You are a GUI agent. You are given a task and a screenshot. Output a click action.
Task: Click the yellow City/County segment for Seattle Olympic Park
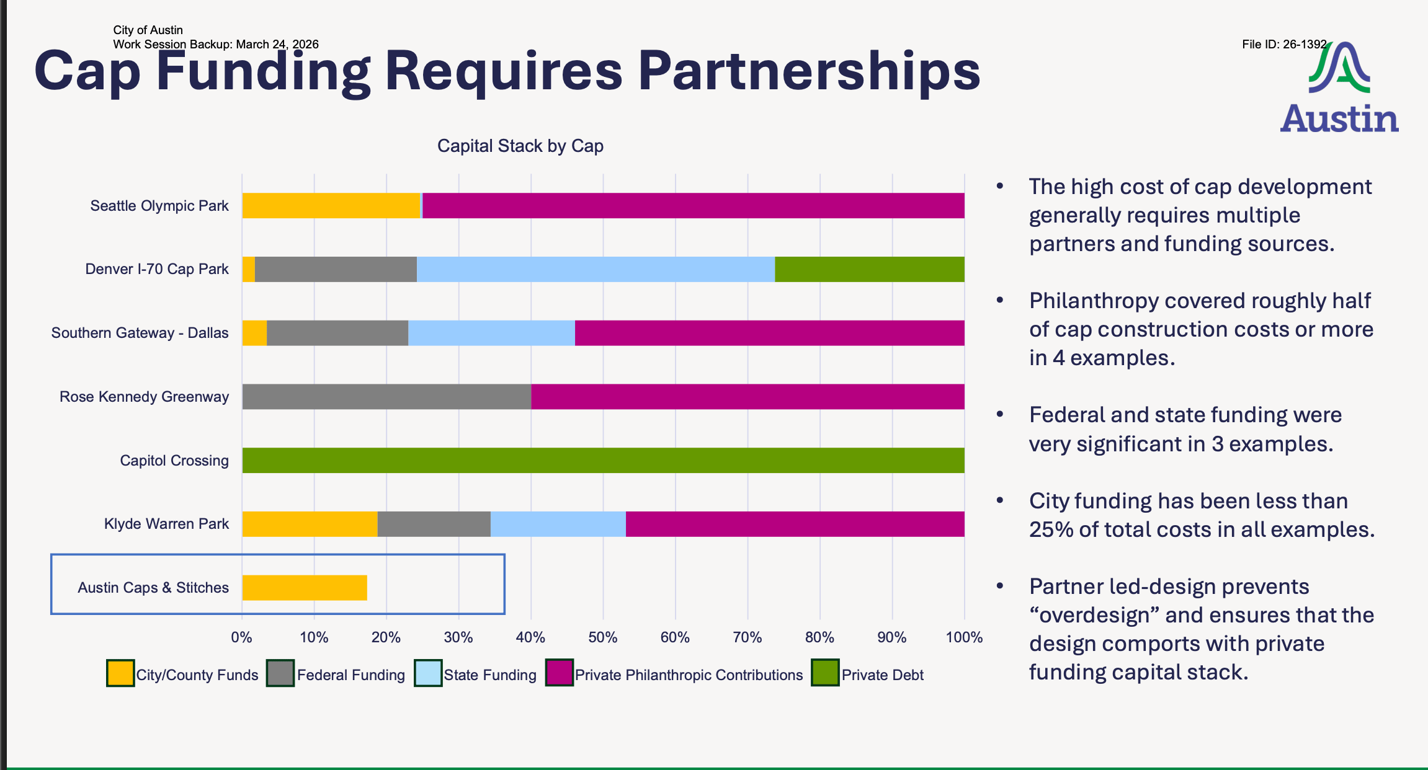(331, 206)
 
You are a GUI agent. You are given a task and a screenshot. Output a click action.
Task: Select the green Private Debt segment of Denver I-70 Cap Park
(870, 269)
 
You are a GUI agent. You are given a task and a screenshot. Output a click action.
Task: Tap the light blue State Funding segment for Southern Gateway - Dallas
(491, 333)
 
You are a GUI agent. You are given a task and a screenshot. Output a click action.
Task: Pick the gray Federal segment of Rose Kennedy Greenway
(386, 397)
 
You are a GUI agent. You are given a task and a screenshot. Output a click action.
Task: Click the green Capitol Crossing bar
(604, 461)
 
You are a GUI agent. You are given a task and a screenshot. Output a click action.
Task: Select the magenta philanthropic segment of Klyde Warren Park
(795, 524)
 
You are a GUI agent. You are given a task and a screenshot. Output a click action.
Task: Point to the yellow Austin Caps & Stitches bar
(305, 588)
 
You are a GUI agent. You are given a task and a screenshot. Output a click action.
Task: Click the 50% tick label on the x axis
(603, 637)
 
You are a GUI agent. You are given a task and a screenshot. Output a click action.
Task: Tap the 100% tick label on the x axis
(964, 637)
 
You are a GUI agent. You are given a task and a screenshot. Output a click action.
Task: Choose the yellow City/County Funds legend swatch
(120, 673)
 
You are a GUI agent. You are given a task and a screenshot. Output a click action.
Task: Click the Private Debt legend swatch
(825, 673)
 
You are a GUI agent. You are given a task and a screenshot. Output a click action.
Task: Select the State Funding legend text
(490, 675)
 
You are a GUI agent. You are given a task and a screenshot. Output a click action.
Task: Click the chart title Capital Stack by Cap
(520, 146)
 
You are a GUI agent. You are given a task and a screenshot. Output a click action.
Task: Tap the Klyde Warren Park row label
(166, 524)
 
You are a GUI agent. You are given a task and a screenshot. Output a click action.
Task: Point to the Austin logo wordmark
(1339, 118)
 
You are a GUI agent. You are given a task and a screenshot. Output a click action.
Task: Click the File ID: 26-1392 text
(1284, 45)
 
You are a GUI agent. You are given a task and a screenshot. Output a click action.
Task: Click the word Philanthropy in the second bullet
(1094, 301)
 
